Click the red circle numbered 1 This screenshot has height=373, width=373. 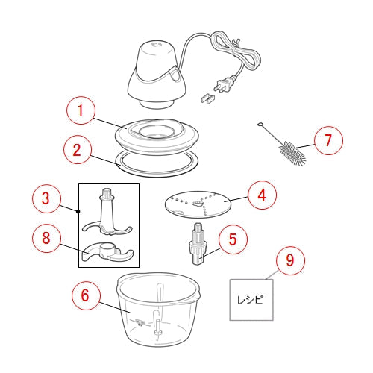81,111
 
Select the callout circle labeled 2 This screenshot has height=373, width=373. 78,150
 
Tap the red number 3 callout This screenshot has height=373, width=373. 46,198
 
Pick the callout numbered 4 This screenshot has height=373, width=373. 262,195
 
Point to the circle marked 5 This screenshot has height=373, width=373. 233,239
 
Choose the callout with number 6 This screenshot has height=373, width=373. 86,295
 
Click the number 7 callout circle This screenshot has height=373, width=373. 328,140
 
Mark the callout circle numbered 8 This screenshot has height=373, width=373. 46,237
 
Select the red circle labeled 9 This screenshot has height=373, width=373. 290,260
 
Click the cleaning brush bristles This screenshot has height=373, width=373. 292,153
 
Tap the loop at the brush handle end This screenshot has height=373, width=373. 260,124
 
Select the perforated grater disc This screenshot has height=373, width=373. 198,204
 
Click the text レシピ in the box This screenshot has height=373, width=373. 251,300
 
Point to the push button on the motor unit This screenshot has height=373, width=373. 175,75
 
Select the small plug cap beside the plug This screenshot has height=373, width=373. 207,98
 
